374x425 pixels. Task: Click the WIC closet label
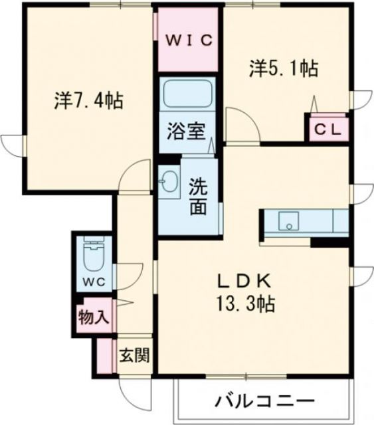click(x=188, y=39)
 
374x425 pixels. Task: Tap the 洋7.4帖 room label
click(x=88, y=102)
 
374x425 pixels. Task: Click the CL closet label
click(x=327, y=130)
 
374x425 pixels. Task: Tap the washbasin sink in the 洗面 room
click(x=169, y=180)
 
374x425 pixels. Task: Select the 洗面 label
click(x=199, y=196)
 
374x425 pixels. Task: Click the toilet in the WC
click(x=92, y=256)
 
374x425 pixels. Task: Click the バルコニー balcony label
click(x=264, y=402)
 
